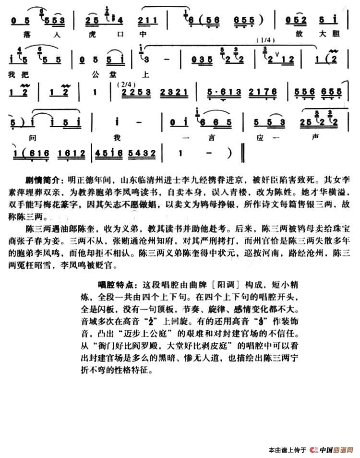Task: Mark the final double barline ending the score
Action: [x=244, y=154]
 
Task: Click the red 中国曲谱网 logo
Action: [x=331, y=450]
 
